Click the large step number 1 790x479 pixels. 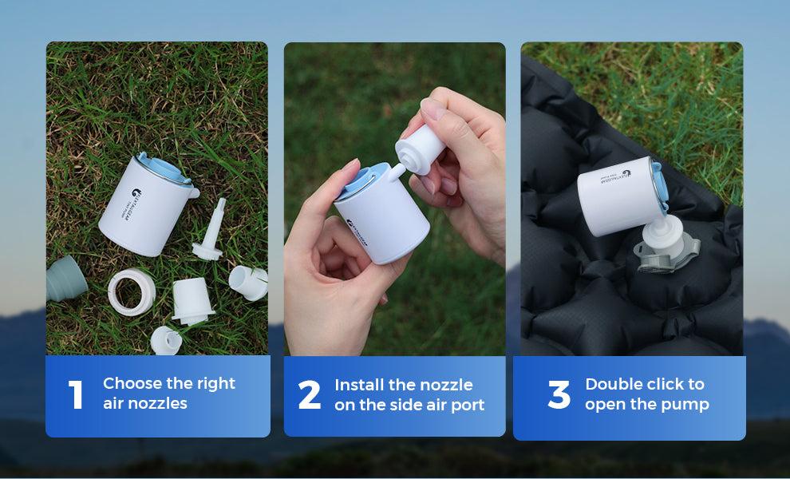tap(77, 394)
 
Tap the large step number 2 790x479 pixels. tap(309, 395)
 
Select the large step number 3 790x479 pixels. tap(559, 395)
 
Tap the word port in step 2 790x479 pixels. tap(468, 405)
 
